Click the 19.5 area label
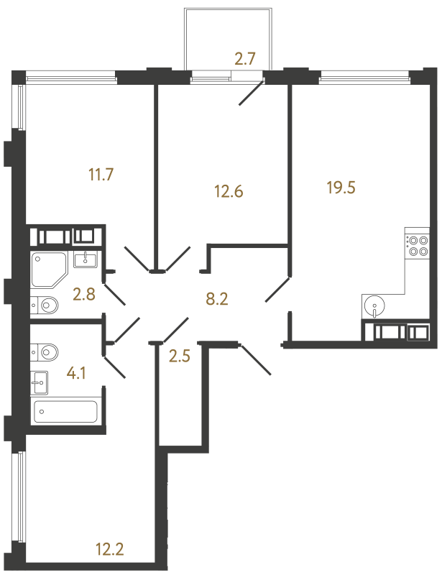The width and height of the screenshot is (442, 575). pyautogui.click(x=341, y=188)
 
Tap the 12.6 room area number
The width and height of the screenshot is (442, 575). pyautogui.click(x=229, y=191)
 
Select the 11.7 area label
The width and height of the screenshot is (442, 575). pyautogui.click(x=101, y=175)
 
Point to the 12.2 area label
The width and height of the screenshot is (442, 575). pyautogui.click(x=109, y=549)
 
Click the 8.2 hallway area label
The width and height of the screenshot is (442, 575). pyautogui.click(x=217, y=299)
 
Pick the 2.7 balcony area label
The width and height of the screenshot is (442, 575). pyautogui.click(x=244, y=59)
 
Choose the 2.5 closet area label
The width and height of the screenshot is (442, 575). pyautogui.click(x=180, y=356)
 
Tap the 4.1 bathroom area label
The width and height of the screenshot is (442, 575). pyautogui.click(x=76, y=374)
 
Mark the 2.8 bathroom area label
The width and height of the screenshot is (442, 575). pyautogui.click(x=84, y=294)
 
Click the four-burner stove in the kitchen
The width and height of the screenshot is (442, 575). pyautogui.click(x=417, y=246)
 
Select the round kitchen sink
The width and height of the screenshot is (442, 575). pyautogui.click(x=374, y=306)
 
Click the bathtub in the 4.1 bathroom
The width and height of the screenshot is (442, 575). pyautogui.click(x=65, y=412)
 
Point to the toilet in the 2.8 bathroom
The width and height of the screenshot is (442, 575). pyautogui.click(x=45, y=305)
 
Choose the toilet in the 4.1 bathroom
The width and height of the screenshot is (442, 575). pyautogui.click(x=45, y=352)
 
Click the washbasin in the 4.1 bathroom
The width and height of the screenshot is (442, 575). pyautogui.click(x=40, y=383)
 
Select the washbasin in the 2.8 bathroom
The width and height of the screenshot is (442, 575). pyautogui.click(x=86, y=259)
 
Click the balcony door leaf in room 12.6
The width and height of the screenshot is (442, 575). pyautogui.click(x=252, y=93)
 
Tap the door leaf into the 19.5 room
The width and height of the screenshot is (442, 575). pyautogui.click(x=277, y=290)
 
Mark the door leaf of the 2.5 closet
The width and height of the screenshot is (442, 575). pyautogui.click(x=175, y=330)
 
